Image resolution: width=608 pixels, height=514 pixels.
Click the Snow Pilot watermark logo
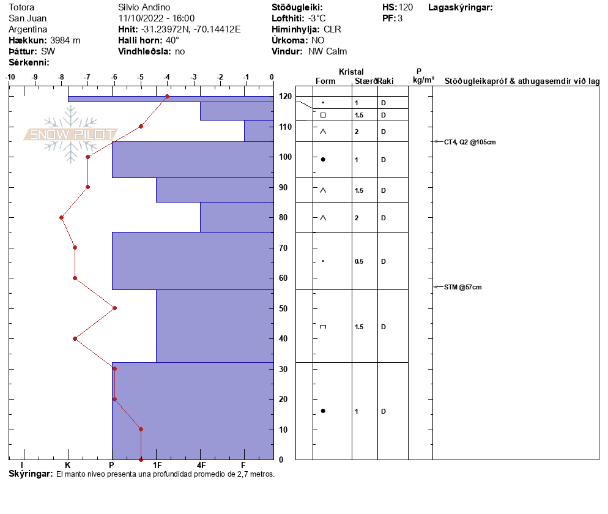tap(71, 134)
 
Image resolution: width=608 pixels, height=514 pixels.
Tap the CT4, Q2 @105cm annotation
tap(469, 142)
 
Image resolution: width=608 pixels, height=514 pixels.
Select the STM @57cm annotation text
tap(462, 287)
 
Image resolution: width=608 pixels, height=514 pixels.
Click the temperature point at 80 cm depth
tap(61, 218)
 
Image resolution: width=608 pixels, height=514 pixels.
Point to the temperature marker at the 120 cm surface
tap(167, 97)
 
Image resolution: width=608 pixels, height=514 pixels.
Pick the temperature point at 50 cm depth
tap(114, 308)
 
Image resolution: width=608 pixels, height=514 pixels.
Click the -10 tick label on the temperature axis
tap(10, 77)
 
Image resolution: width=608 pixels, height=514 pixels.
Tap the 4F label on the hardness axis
tap(201, 466)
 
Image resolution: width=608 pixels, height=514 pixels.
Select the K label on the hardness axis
tap(67, 466)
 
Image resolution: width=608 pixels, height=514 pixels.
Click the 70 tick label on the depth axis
tap(284, 248)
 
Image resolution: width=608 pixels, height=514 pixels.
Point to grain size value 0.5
tap(359, 262)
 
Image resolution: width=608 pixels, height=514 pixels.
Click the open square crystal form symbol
tap(323, 115)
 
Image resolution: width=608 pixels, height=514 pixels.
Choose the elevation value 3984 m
tap(65, 40)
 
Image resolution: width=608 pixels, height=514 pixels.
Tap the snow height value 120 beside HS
tap(406, 7)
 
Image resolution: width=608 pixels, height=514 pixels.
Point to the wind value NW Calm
tap(327, 51)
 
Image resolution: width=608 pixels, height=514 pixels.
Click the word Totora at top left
tap(22, 7)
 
